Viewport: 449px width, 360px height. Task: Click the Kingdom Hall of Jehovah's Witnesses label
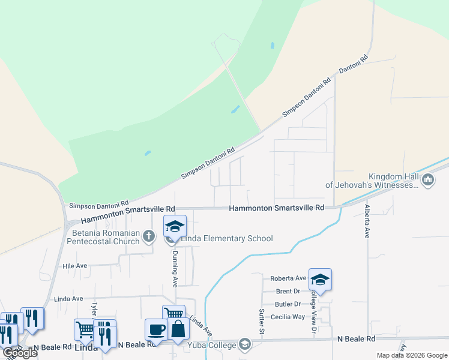pyautogui.click(x=372, y=181)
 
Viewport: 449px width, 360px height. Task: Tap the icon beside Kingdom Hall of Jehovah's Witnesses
pyautogui.click(x=428, y=180)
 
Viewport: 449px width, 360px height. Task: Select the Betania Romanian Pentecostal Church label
pyautogui.click(x=106, y=237)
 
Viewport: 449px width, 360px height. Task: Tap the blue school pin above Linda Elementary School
pyautogui.click(x=175, y=227)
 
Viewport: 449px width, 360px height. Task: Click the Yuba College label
pyautogui.click(x=214, y=344)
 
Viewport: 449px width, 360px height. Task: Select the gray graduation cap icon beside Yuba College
pyautogui.click(x=244, y=344)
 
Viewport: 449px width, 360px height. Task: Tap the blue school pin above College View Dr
pyautogui.click(x=321, y=280)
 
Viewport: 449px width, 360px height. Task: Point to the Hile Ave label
pyautogui.click(x=75, y=265)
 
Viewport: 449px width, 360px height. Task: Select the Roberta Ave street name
pyautogui.click(x=288, y=278)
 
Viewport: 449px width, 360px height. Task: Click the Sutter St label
pyautogui.click(x=262, y=321)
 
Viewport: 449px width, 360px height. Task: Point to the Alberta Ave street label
pyautogui.click(x=366, y=221)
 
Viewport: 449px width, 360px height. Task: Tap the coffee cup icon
pyautogui.click(x=156, y=329)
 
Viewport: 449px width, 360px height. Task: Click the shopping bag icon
pyautogui.click(x=178, y=329)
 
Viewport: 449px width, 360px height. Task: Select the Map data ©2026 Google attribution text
pyautogui.click(x=412, y=355)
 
